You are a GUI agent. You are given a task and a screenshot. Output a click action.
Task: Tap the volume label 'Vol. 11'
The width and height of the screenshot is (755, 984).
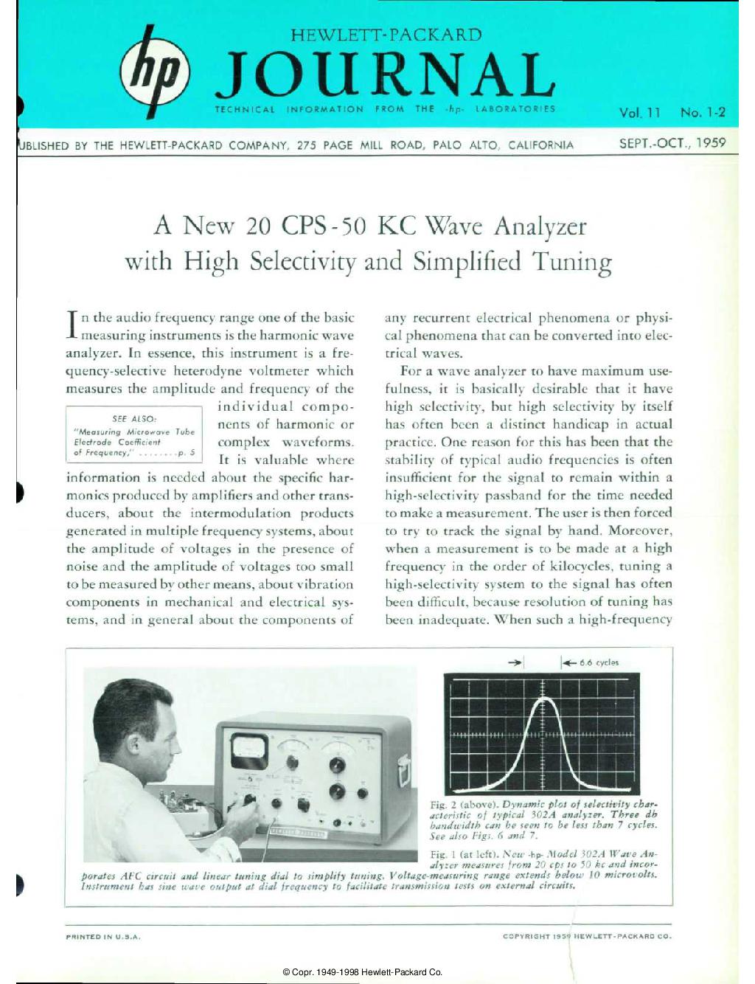[640, 113]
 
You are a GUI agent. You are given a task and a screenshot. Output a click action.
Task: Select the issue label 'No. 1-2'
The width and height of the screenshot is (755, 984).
[703, 113]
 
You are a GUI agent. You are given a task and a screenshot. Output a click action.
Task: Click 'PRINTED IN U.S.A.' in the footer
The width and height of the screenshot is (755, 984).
[103, 936]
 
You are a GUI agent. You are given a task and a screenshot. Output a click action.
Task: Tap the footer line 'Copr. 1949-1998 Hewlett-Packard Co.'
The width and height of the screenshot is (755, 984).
[362, 972]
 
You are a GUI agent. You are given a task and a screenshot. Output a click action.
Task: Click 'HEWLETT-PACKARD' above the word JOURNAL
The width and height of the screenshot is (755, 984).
[386, 34]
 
